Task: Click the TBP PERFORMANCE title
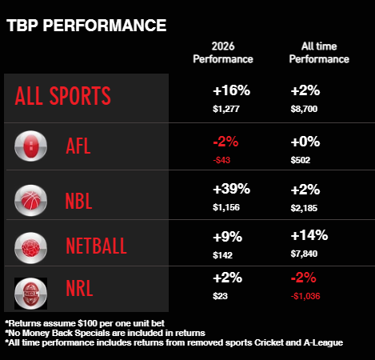click(86, 25)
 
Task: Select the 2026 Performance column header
click(222, 53)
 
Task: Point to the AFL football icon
click(31, 147)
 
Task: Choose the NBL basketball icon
click(31, 197)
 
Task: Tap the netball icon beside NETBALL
click(31, 245)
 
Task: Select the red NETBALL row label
click(95, 246)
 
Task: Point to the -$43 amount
click(223, 161)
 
